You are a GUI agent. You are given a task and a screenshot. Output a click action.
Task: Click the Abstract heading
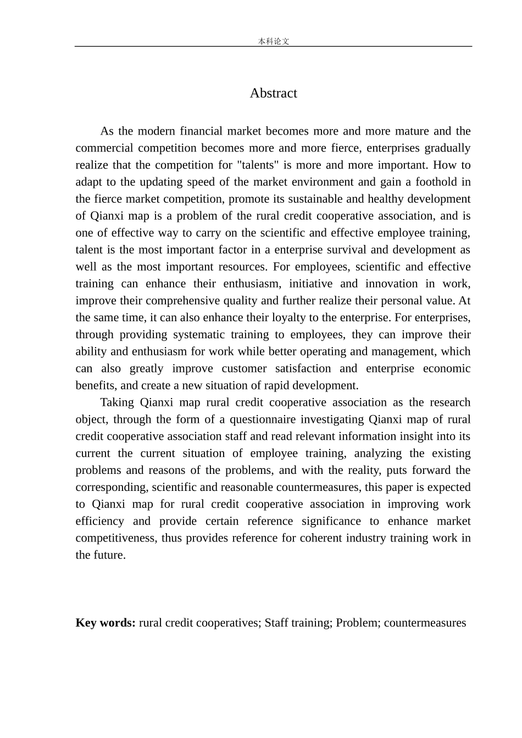click(273, 93)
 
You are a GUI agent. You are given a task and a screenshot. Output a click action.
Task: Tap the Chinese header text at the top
click(273, 41)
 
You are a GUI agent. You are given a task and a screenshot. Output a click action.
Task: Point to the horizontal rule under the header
click(273, 47)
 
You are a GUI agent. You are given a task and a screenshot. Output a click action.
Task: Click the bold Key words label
click(105, 623)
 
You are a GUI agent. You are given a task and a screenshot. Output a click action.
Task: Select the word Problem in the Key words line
click(356, 623)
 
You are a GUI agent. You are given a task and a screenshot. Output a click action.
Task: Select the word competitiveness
click(115, 538)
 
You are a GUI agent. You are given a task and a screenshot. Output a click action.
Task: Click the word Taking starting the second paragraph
click(116, 402)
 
